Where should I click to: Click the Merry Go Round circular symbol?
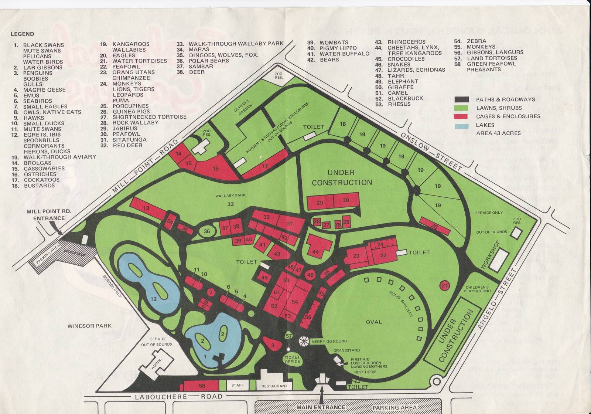coord(304,341)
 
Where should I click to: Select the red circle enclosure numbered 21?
coord(445,285)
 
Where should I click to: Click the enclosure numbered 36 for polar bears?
coord(207,232)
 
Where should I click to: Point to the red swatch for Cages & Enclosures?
coord(461,116)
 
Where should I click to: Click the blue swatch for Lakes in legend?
coord(461,125)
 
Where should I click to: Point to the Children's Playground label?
coord(478,289)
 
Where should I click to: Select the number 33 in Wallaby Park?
coord(230,204)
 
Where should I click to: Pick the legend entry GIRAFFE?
coord(401,87)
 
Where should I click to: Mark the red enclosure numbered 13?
coord(146,208)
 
